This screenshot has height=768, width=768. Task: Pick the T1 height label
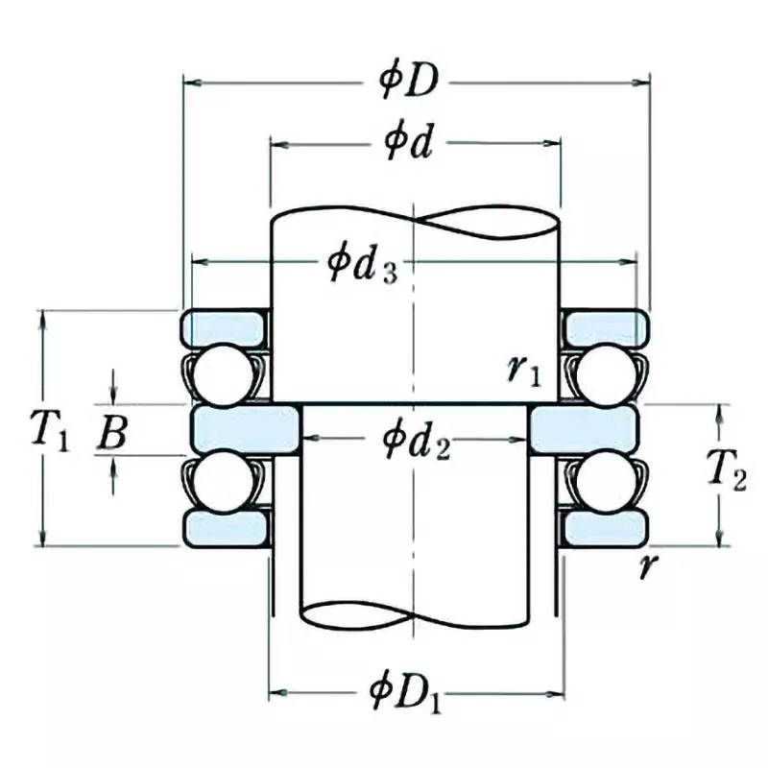tap(44, 429)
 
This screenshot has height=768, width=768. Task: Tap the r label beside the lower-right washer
tap(651, 566)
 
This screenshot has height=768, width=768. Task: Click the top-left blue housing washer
tap(224, 326)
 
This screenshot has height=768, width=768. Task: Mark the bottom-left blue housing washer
tap(224, 528)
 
